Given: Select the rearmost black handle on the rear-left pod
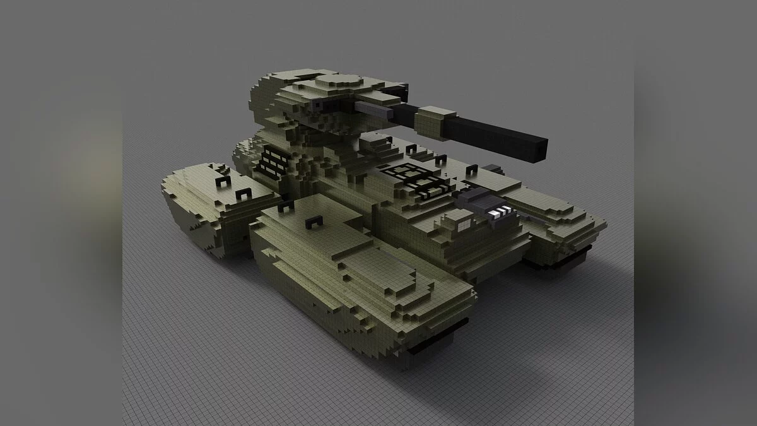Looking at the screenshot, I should coord(221,182).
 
